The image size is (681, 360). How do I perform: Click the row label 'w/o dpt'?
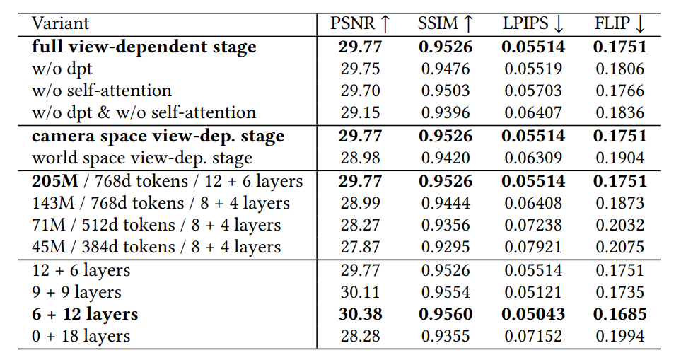point(62,69)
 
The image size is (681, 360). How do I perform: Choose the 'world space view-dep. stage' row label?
point(141,158)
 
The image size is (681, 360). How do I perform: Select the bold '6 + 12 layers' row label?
point(85,314)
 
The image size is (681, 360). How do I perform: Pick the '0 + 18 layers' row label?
point(81,336)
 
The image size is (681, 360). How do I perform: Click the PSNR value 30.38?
point(361,314)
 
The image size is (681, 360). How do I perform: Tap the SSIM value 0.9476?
point(446,69)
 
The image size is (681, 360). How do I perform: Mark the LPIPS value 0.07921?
point(533,248)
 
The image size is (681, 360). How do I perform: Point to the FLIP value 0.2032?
point(619,226)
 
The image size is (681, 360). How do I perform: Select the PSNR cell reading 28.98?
point(361,158)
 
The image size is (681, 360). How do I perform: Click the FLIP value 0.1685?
point(619,314)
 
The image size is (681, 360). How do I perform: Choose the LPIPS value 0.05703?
point(533,91)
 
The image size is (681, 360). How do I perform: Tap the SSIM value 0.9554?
point(446,292)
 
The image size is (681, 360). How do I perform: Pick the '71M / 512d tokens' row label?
point(156,226)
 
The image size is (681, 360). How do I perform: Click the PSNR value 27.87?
point(361,248)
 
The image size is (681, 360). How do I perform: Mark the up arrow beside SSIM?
point(467,23)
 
